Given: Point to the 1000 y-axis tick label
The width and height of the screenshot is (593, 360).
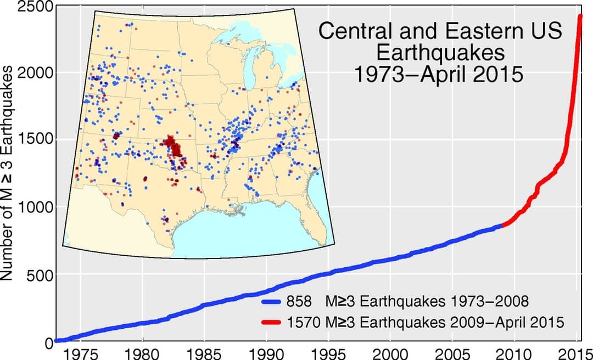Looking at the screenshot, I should (34, 207).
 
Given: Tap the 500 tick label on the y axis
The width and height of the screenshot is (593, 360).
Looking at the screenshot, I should (38, 274).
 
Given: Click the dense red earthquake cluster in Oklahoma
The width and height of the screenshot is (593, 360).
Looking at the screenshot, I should (175, 147).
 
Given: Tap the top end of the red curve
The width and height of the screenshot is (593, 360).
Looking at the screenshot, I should (581, 16).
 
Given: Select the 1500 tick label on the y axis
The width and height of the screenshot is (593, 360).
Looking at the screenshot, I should (34, 139).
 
